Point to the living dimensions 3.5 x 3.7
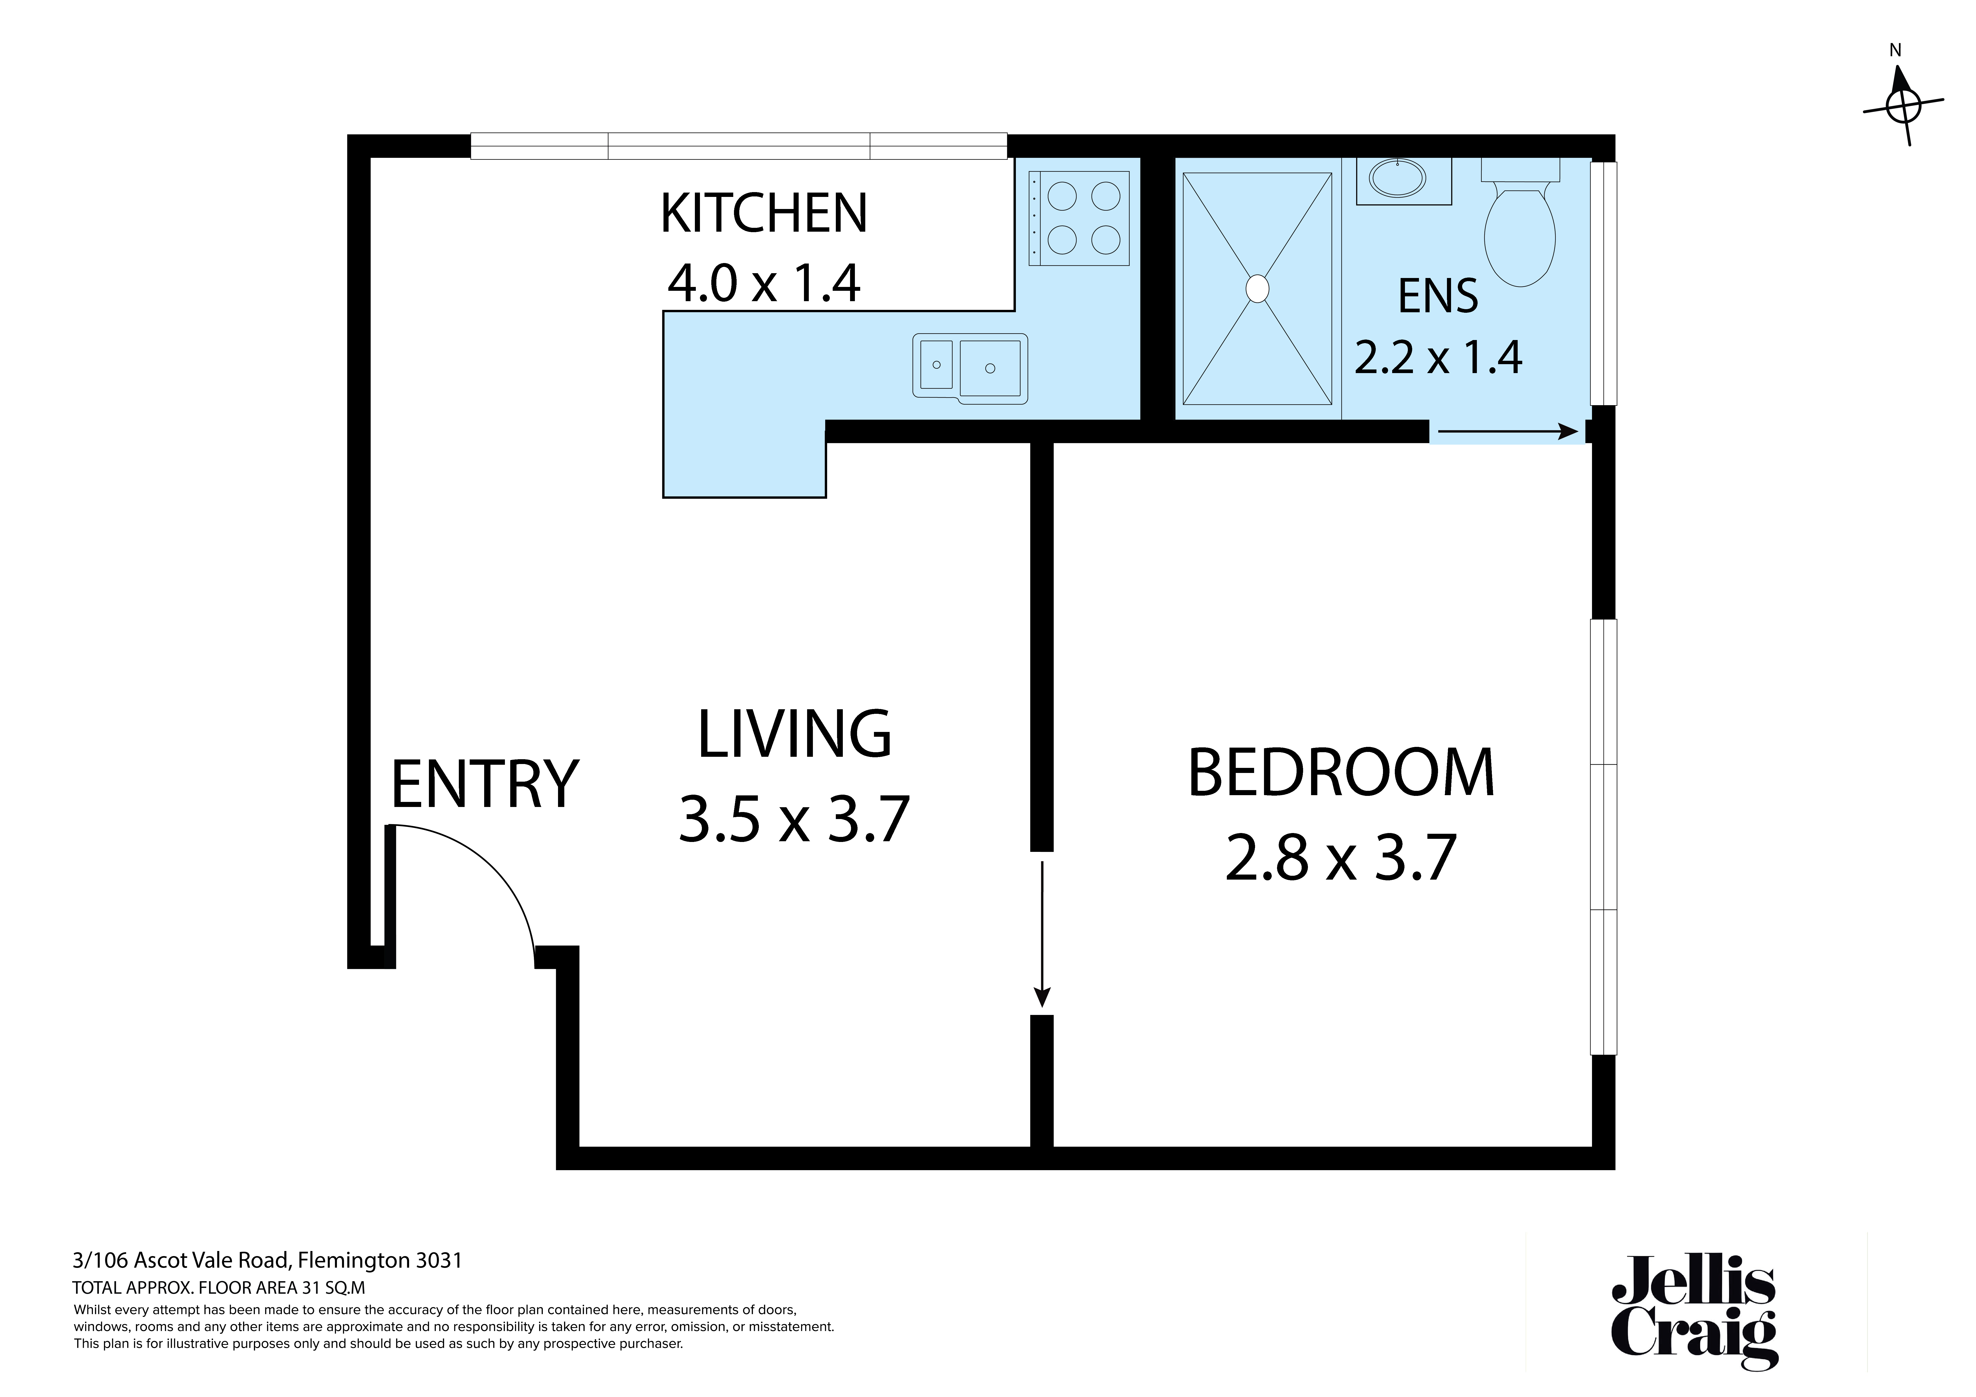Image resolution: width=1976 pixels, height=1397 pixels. pyautogui.click(x=794, y=820)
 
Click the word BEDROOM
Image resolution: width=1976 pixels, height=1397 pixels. pyautogui.click(x=1341, y=773)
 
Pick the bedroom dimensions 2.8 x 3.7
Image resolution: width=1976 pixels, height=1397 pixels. pyautogui.click(x=1341, y=858)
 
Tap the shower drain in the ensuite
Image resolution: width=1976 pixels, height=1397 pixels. pyautogui.click(x=1257, y=288)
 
